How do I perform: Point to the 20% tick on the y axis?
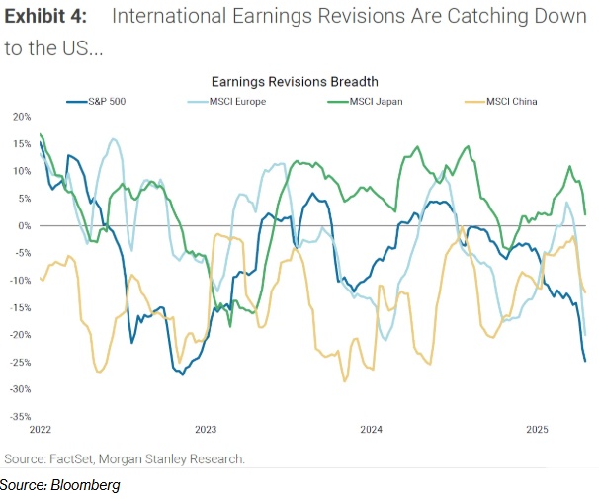[x=22, y=117]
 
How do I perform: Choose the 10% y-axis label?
[x=22, y=171]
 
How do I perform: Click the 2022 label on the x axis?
[x=41, y=430]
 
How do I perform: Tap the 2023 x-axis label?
[x=206, y=430]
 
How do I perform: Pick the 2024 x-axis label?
[x=372, y=430]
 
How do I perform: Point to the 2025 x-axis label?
[x=537, y=430]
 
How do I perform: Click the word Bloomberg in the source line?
[x=87, y=485]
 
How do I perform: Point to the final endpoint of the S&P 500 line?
[x=584, y=361]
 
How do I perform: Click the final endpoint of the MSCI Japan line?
[x=585, y=213]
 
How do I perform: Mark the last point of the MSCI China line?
[x=585, y=291]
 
